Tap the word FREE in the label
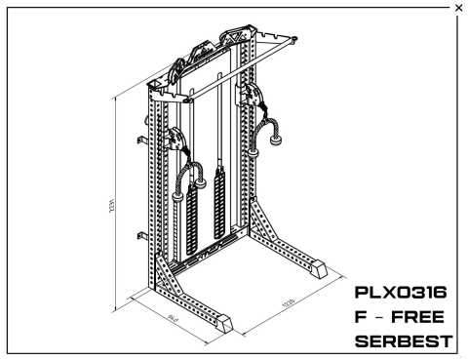425,318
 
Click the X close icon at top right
459,8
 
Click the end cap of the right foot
320,265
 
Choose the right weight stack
219,204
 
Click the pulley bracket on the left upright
175,142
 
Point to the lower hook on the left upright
143,235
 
